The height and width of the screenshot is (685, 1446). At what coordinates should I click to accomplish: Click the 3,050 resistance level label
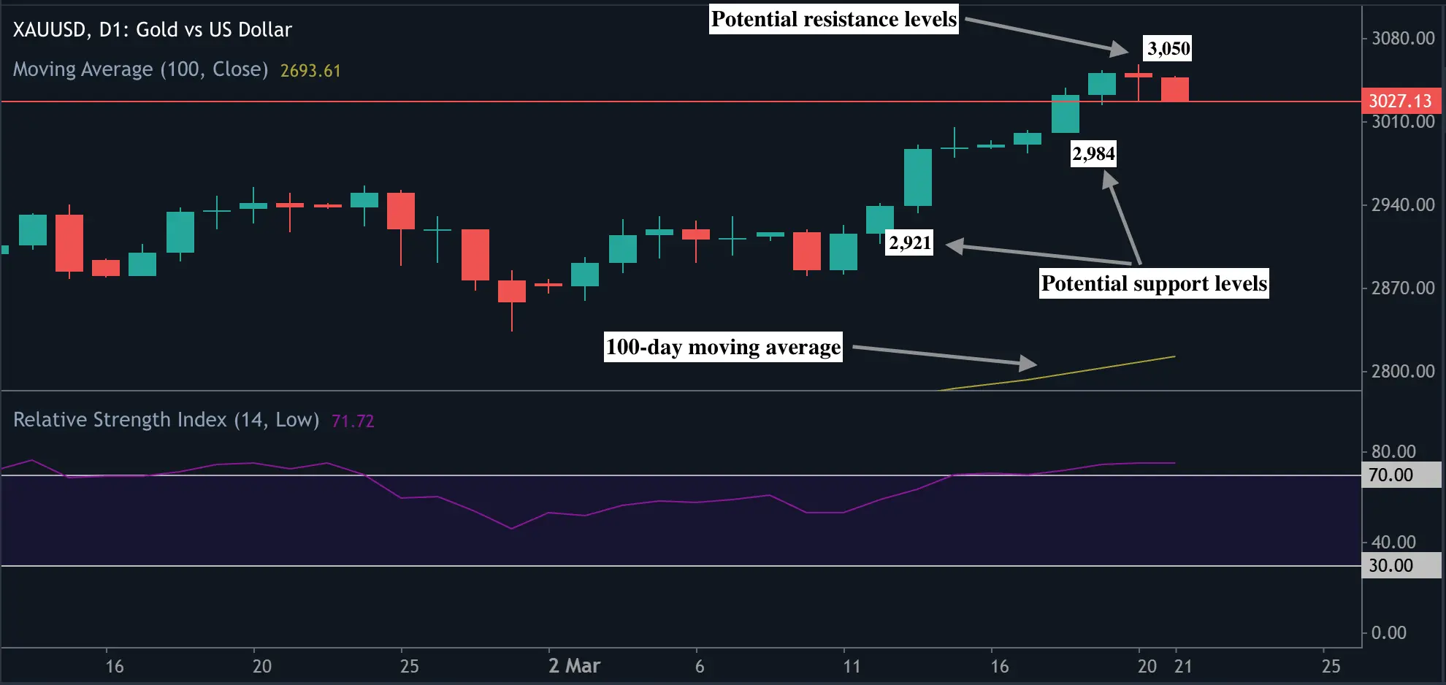(x=1168, y=49)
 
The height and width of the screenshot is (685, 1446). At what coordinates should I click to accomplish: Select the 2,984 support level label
(x=1093, y=154)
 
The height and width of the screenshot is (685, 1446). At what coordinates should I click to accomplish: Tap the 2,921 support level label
(x=910, y=242)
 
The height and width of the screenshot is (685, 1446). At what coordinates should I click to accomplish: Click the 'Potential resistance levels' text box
(x=834, y=19)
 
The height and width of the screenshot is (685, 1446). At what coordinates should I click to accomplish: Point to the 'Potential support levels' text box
(x=1154, y=283)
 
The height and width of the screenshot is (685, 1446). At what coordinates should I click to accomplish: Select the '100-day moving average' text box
(x=723, y=347)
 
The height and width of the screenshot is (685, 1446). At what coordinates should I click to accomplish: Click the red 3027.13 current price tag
(x=1400, y=101)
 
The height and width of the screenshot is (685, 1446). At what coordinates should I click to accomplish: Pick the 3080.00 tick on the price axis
(x=1403, y=38)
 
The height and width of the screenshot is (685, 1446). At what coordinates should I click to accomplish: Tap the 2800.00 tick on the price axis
(x=1403, y=371)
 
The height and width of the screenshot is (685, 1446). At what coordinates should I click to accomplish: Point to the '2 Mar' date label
(x=574, y=666)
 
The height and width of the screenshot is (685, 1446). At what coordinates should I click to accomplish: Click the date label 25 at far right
(x=1331, y=666)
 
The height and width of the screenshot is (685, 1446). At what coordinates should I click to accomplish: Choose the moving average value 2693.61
(x=310, y=71)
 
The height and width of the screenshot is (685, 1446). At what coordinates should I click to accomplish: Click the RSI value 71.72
(x=353, y=421)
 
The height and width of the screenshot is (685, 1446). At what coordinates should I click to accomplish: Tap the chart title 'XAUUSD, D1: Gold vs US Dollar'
(x=152, y=30)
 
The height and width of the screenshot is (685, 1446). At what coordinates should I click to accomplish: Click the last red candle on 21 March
(x=1175, y=89)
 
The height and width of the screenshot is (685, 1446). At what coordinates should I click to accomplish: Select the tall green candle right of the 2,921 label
(x=918, y=177)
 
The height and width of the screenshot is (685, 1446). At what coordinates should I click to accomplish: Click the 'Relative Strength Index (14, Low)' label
(x=166, y=420)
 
